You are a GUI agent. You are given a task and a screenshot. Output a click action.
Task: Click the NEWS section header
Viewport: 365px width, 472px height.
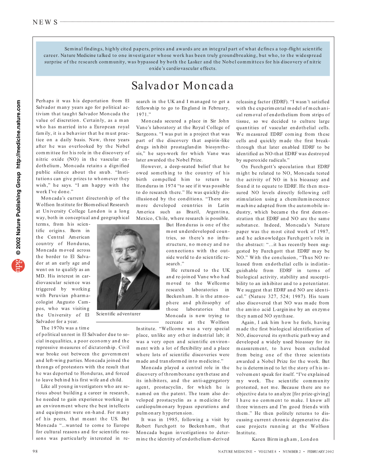click(x=45, y=22)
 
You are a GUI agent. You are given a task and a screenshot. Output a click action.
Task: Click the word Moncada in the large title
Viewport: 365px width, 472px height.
click(x=209, y=86)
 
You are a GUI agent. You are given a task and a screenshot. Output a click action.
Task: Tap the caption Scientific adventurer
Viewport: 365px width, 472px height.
click(x=118, y=314)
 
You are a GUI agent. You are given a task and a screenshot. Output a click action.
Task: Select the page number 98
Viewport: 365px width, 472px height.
click(x=35, y=451)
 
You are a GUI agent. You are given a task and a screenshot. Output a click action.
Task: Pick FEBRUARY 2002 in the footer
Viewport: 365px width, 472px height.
click(x=320, y=452)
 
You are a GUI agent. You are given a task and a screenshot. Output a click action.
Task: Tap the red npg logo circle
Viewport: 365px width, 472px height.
click(x=18, y=265)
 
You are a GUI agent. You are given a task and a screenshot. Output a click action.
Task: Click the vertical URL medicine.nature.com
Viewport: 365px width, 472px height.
click(x=18, y=134)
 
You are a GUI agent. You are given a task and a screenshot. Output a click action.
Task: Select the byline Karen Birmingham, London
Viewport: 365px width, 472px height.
click(x=285, y=439)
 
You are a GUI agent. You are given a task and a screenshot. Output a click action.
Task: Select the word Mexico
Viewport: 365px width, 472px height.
click(x=144, y=218)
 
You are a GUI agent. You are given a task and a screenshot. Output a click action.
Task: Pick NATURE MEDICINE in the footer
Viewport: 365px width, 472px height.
click(x=235, y=452)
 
